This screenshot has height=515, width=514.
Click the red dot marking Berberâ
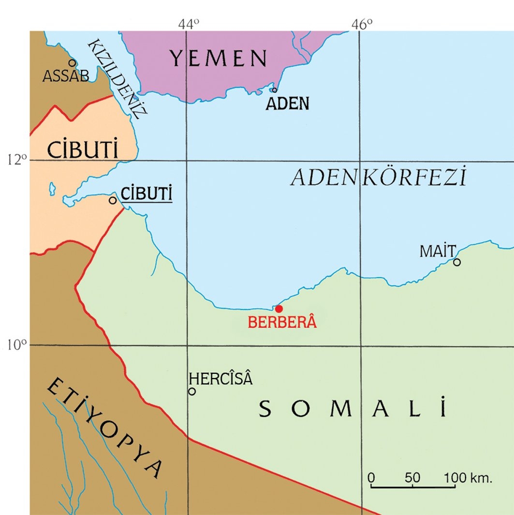(279, 309)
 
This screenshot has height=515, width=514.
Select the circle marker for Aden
(275, 90)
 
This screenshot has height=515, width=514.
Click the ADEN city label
(287, 103)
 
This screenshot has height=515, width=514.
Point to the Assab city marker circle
(72, 62)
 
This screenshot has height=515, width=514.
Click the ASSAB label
(66, 76)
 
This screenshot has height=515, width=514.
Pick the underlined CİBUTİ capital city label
(147, 194)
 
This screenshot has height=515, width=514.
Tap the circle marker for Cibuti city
(113, 200)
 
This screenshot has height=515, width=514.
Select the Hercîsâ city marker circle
(192, 391)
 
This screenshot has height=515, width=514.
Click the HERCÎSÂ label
(220, 378)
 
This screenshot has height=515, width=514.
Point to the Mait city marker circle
(457, 262)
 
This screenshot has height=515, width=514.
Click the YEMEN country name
(218, 59)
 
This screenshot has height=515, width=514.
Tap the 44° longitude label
(188, 24)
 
